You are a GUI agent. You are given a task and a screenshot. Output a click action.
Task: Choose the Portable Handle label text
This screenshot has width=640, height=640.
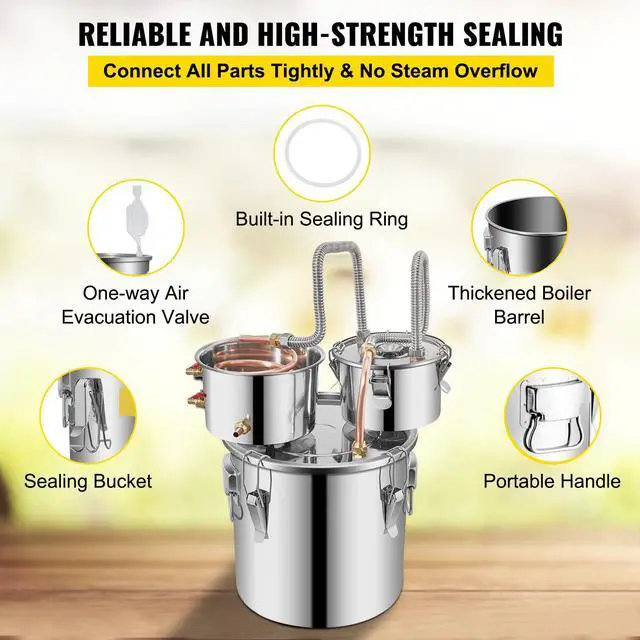click(552, 481)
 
